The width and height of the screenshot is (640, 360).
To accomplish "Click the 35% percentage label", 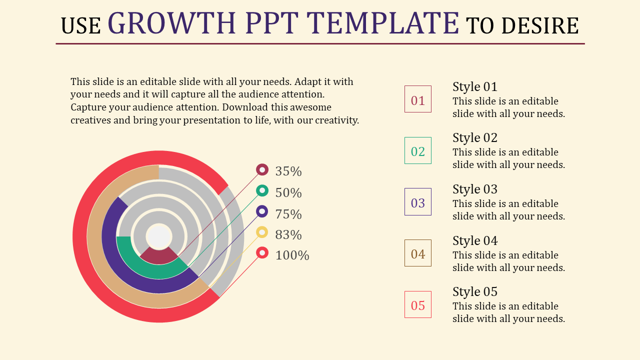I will [x=288, y=171].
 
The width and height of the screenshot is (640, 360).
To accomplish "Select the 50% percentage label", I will [x=288, y=193].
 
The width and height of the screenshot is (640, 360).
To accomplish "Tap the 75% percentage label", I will [x=288, y=214].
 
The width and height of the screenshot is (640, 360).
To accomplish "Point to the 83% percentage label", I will [x=288, y=234].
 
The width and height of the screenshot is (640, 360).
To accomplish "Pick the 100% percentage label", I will [x=292, y=255].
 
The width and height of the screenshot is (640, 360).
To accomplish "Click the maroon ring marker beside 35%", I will [x=262, y=170].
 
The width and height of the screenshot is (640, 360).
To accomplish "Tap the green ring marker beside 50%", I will [x=262, y=190].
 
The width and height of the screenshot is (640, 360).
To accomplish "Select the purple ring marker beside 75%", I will [x=262, y=211].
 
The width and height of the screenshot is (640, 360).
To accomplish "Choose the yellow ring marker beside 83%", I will [x=262, y=232].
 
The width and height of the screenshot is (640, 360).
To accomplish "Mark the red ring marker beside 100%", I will [x=262, y=252].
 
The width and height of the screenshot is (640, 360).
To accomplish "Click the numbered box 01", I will [x=417, y=99].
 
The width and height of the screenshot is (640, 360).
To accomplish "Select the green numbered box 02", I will [x=417, y=150].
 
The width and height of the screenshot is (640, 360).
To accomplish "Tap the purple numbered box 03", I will [x=417, y=202].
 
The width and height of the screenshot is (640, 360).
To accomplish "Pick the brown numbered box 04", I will [x=417, y=253].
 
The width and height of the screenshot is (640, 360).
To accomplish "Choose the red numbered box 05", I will [x=417, y=304].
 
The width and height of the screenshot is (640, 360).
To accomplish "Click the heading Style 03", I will [x=475, y=189].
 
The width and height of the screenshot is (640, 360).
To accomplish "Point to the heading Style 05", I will [x=475, y=292].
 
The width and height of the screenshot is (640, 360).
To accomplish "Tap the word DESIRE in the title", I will [x=540, y=26].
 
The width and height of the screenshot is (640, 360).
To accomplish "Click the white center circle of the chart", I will [x=159, y=236].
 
